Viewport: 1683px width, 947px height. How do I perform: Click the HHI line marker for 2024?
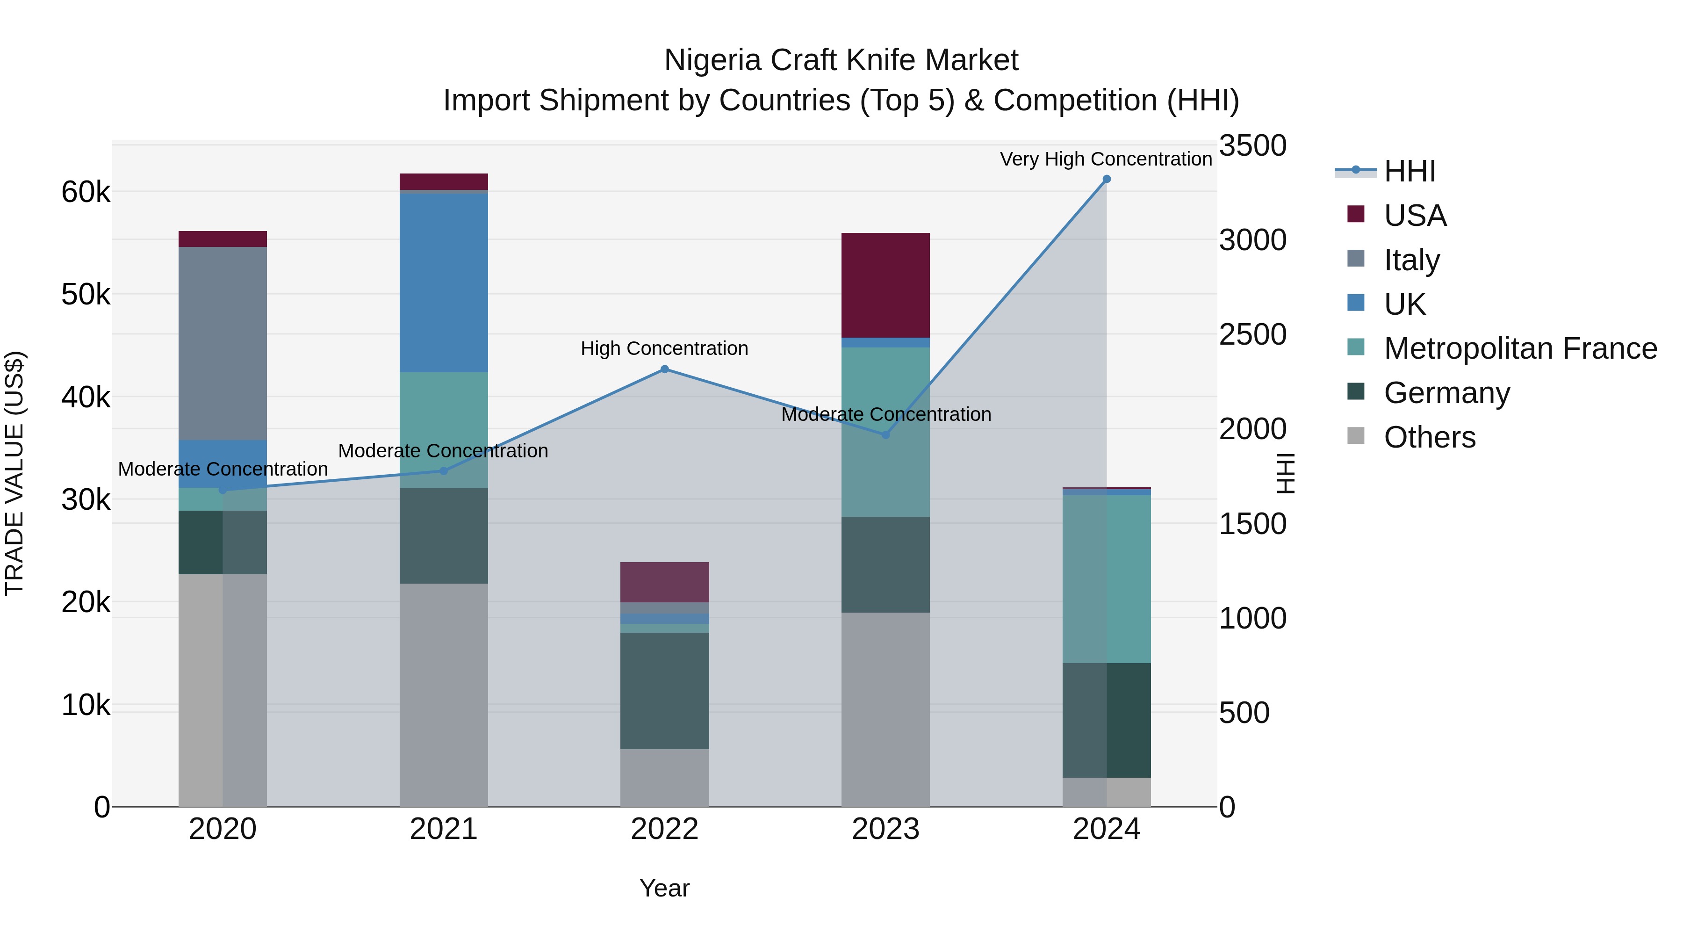coord(1106,179)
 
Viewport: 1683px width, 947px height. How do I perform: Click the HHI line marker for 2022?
coord(664,369)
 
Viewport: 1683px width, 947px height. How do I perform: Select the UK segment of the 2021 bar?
coord(444,282)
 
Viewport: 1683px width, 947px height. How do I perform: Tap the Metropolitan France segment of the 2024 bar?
coord(1106,579)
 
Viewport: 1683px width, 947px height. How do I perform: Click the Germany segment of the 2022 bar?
coord(664,691)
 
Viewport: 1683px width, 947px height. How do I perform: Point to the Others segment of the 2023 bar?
coord(885,709)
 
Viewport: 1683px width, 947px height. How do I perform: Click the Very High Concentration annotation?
coord(1106,159)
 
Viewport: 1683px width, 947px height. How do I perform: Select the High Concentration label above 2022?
coord(664,348)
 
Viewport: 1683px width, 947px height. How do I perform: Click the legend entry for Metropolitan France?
coord(1520,348)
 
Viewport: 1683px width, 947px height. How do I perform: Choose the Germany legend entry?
coord(1446,393)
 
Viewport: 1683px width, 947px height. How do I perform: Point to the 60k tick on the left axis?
coord(86,192)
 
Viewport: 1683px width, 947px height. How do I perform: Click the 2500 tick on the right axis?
coord(1252,335)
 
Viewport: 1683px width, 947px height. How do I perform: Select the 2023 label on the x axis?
coord(885,829)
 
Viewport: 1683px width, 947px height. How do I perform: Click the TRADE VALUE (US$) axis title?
coord(14,473)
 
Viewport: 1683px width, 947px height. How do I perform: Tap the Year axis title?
coord(664,888)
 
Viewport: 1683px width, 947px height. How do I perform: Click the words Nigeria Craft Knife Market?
coord(841,60)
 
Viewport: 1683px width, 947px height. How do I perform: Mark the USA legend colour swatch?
coord(1356,214)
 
